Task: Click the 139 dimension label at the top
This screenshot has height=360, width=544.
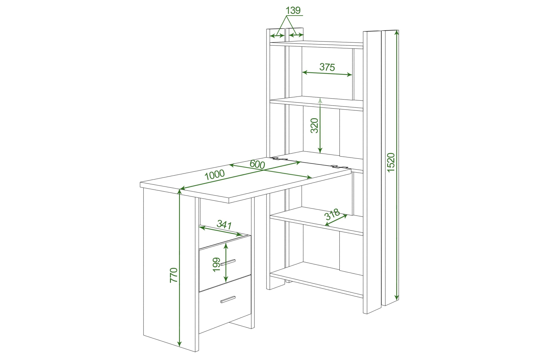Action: tap(293, 10)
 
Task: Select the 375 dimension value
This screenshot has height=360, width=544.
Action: tap(327, 67)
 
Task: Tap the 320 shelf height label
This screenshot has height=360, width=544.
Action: tap(315, 125)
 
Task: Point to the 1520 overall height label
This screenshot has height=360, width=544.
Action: tap(391, 163)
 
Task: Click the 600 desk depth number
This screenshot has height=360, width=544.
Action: tap(257, 164)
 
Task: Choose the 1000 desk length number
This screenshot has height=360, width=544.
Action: tap(215, 175)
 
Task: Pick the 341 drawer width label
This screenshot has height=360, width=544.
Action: tap(224, 224)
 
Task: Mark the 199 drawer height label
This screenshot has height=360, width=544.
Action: tap(216, 265)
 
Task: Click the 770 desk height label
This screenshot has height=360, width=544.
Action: tap(174, 275)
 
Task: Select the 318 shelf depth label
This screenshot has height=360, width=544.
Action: tap(332, 214)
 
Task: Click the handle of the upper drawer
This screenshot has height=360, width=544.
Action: tap(228, 262)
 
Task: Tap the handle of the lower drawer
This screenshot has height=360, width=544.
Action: tap(228, 299)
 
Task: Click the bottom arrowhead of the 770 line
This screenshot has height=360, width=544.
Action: tap(179, 344)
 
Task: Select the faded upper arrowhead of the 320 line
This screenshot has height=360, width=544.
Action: tap(320, 101)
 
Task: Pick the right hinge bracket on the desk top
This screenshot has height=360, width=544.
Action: tap(339, 166)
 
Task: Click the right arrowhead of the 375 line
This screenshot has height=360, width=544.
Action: tap(349, 75)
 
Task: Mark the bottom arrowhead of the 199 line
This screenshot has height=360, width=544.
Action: tap(226, 279)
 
